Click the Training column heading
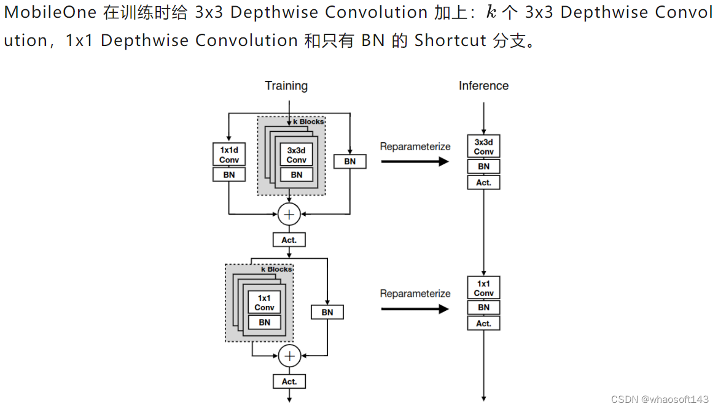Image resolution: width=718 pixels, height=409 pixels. coord(286,86)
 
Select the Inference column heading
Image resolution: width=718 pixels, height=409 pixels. coord(483,86)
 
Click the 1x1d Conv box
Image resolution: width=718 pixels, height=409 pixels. coord(229,155)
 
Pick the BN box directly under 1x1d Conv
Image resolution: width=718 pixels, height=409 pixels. coord(229,175)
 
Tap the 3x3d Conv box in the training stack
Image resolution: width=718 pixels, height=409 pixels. coord(296,155)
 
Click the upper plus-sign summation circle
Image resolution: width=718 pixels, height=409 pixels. coord(289,214)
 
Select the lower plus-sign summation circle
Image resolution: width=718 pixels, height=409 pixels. coord(289,356)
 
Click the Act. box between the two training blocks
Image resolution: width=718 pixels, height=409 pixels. coord(289,240)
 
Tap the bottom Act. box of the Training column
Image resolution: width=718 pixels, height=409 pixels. coord(289,381)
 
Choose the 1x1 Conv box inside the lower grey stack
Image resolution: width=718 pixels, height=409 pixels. coord(264,302)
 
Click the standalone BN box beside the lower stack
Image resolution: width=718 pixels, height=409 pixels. coord(327,312)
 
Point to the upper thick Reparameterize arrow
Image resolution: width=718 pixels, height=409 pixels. coord(415,161)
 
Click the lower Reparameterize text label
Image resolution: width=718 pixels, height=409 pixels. coord(415,294)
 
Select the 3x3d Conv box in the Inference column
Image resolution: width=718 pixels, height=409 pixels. coord(483,147)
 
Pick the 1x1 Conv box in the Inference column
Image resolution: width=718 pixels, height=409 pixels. coord(483,288)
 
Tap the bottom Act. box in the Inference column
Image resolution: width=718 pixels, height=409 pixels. coord(483,323)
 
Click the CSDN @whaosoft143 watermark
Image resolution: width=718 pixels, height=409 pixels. coord(660,399)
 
